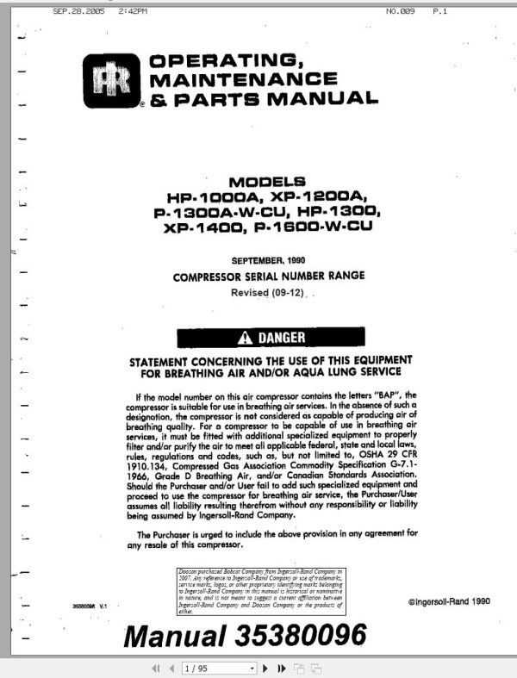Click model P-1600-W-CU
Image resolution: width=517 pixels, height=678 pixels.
click(308, 229)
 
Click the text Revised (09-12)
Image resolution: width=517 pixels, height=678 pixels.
click(267, 293)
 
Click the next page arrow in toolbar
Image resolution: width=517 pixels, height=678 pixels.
click(265, 668)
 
